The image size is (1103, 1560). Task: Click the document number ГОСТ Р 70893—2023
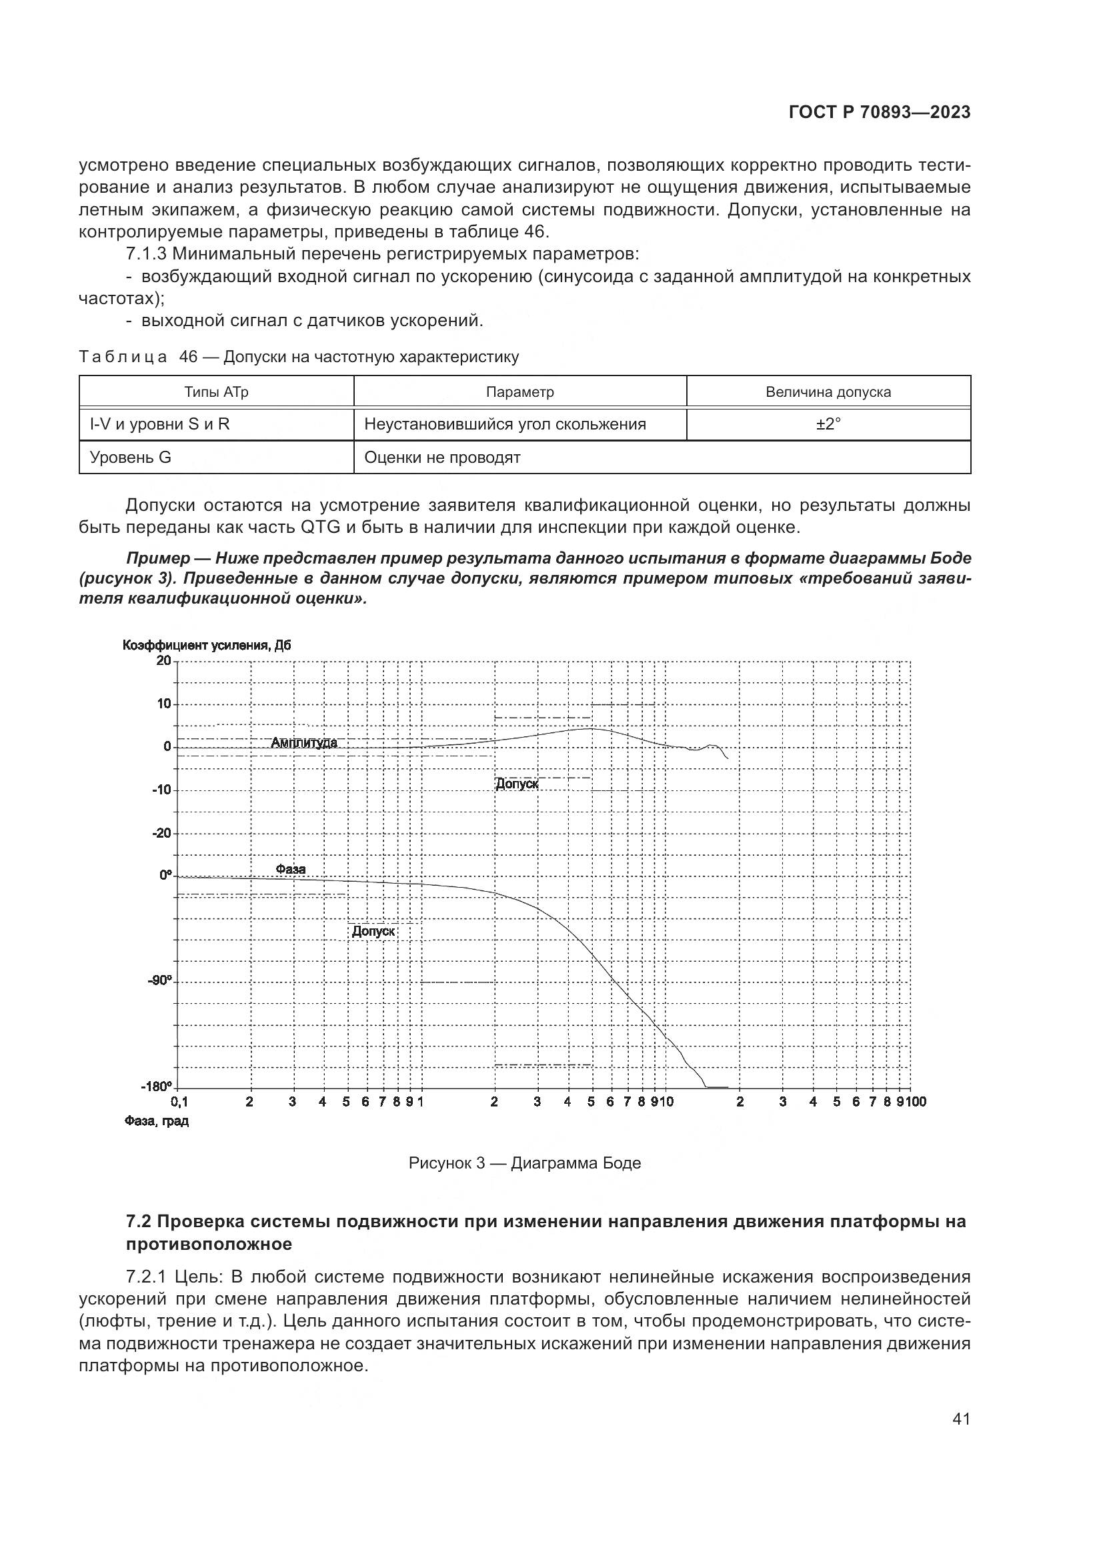[879, 113]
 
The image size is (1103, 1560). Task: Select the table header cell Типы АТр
[216, 392]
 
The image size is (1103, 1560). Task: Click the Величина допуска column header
[828, 392]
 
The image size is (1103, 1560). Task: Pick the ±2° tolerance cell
[828, 425]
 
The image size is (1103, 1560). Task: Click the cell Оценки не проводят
[442, 458]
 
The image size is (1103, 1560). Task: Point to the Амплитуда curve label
[303, 742]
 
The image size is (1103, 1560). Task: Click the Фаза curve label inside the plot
[291, 869]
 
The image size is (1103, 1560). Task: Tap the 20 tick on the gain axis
[163, 660]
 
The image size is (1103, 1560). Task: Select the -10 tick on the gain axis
[161, 790]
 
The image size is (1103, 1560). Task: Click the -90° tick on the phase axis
[160, 980]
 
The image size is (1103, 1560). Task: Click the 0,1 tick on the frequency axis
[179, 1101]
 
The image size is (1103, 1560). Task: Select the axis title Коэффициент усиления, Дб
[207, 645]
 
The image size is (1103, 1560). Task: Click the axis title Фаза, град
[156, 1121]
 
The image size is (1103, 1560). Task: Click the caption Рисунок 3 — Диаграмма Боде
[524, 1162]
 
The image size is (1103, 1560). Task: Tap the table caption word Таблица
[123, 357]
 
